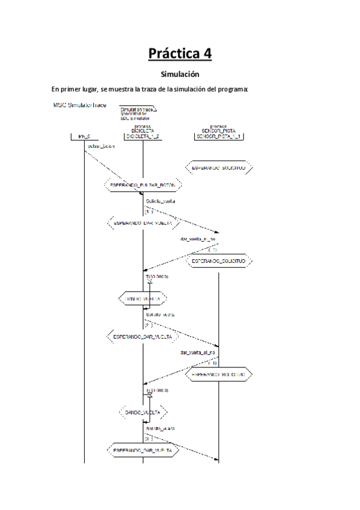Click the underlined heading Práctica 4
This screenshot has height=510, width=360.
coord(180,54)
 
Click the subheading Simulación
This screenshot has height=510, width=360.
coord(180,75)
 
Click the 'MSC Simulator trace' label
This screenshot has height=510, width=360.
coord(80,105)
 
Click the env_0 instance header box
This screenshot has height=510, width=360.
coord(85,137)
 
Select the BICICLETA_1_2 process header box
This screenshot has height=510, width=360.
coord(142,135)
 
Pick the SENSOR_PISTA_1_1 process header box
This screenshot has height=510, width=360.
coord(218,135)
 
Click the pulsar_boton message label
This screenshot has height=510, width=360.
coord(102,146)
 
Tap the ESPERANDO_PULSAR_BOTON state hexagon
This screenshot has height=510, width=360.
coord(142,186)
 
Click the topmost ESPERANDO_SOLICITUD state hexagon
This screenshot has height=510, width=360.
coord(218,168)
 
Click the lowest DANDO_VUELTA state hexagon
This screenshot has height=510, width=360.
coord(142,413)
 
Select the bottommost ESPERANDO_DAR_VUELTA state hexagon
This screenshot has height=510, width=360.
coord(142,450)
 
